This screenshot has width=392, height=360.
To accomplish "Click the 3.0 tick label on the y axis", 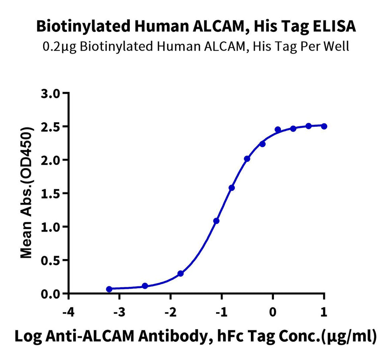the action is (51, 94).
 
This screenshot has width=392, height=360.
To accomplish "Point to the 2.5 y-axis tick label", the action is (51, 126).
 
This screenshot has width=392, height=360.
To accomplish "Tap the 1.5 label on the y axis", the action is (51, 193).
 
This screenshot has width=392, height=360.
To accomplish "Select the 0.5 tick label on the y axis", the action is (51, 260).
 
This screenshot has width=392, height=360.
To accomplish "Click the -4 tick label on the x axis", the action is (68, 312).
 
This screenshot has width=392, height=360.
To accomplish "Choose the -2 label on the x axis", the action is (170, 312).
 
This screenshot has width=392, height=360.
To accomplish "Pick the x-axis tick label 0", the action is (273, 312).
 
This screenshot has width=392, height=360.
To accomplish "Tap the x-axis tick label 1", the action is (324, 312).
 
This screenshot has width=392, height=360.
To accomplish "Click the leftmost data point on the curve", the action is (109, 289).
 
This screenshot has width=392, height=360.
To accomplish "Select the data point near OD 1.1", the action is (216, 221).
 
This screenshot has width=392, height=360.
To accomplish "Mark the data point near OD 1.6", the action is (232, 188).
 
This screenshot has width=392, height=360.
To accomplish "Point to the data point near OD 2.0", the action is (247, 158).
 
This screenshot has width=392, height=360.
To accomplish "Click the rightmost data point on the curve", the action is (324, 126).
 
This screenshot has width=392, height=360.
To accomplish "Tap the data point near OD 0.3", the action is (180, 273).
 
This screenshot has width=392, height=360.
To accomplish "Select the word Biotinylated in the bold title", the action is (83, 27).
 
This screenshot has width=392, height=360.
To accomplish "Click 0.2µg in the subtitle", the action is (60, 47).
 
